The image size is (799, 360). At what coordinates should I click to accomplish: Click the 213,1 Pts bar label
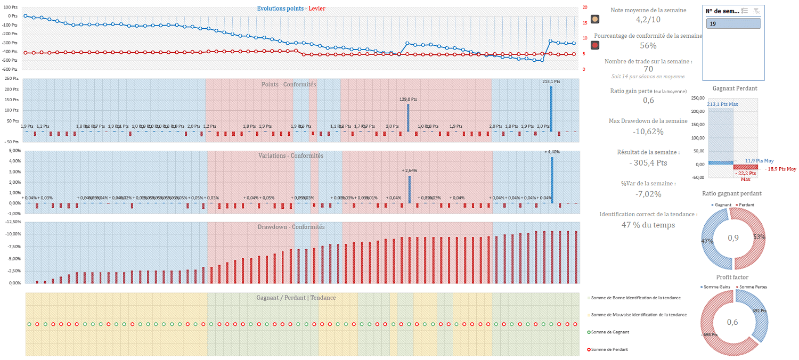click(551, 81)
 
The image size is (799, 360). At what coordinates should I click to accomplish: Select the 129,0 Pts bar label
click(409, 99)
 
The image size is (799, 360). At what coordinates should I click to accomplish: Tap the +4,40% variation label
click(552, 152)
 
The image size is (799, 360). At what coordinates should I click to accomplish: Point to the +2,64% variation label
click(410, 170)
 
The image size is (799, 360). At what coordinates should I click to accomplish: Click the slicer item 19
click(733, 23)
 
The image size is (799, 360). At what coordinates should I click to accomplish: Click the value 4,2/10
click(648, 19)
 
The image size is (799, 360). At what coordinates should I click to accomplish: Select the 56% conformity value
click(648, 45)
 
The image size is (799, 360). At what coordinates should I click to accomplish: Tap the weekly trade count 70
click(648, 69)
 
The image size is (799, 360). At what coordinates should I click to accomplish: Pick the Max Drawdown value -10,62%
click(648, 131)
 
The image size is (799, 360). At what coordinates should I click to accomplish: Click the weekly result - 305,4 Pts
click(648, 162)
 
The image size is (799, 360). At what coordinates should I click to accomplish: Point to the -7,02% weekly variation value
click(648, 194)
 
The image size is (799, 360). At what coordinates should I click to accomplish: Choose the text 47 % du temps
click(648, 225)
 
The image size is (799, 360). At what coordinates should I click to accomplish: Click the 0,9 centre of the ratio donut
click(733, 238)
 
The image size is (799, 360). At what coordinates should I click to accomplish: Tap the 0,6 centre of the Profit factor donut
click(733, 322)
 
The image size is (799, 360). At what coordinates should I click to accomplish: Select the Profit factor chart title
click(732, 277)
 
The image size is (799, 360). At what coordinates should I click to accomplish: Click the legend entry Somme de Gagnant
click(610, 332)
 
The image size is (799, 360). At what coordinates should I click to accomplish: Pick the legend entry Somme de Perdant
click(609, 349)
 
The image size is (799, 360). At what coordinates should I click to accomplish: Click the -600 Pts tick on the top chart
click(10, 69)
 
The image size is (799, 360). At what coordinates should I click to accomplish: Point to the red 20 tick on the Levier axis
click(585, 7)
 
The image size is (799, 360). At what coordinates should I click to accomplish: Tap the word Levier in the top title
click(317, 9)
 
